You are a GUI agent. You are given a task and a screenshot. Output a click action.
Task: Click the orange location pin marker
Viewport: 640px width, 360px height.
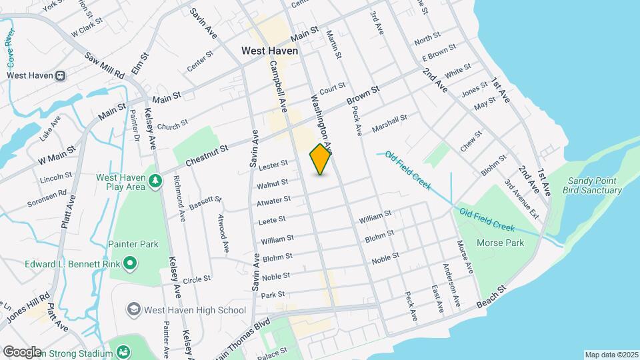[x=321, y=159]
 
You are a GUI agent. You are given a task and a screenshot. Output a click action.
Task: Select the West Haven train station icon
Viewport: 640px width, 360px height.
[x=61, y=75]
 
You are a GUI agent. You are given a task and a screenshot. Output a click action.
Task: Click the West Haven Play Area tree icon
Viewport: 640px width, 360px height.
[x=155, y=181]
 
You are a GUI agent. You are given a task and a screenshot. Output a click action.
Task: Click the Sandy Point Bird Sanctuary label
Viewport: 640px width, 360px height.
[x=595, y=185]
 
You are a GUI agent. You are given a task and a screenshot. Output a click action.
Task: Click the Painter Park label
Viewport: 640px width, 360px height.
[x=135, y=244]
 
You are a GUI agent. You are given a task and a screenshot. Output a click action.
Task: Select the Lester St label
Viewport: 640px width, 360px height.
[x=273, y=163]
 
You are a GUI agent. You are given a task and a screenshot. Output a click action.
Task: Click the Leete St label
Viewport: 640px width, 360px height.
[x=272, y=219]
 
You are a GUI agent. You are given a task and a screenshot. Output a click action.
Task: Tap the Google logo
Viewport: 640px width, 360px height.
[x=21, y=351]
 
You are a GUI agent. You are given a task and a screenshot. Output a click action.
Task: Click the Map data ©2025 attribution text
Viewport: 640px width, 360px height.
[x=611, y=355]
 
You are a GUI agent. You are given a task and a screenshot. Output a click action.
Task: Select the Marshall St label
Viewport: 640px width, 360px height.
[x=389, y=123]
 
